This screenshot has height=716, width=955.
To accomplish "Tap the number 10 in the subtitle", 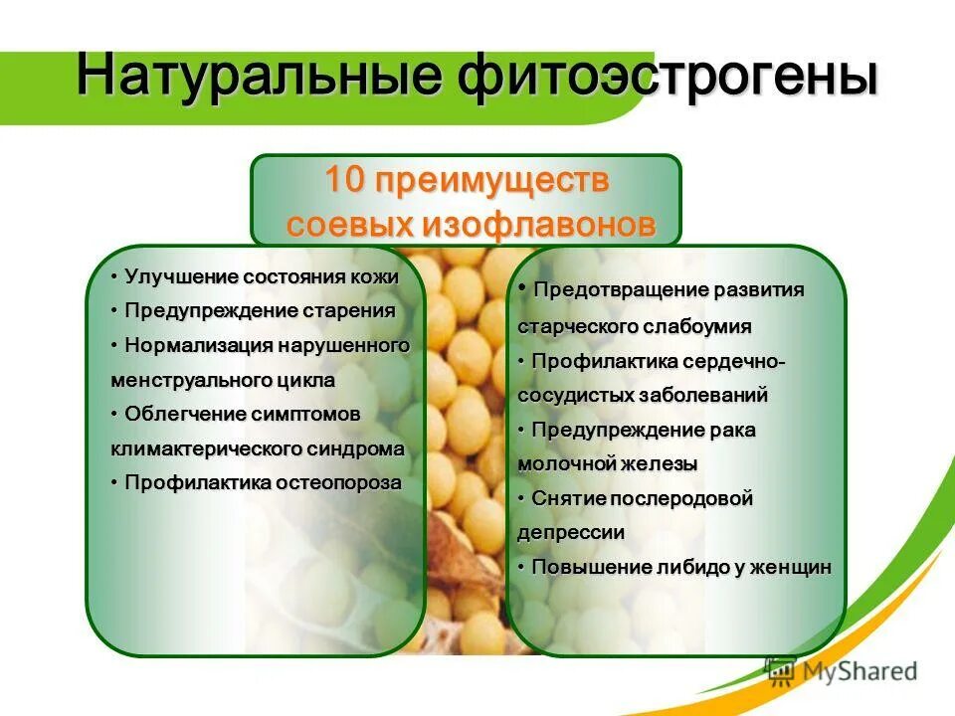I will point(346,182).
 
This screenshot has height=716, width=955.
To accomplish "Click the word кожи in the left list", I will point(375,276).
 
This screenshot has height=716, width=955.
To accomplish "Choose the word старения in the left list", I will point(347,310).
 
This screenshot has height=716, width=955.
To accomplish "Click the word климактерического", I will point(204,448).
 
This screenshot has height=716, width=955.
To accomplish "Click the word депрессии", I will point(571,532).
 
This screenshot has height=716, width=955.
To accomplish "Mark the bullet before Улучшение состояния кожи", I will point(115,276).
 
